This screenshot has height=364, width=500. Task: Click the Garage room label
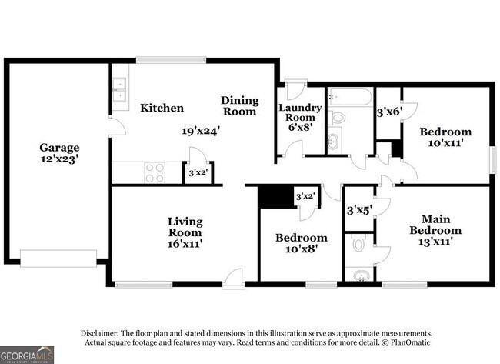tap(59, 148)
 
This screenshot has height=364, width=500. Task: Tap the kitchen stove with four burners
tap(155, 172)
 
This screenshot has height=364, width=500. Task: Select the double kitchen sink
tap(119, 89)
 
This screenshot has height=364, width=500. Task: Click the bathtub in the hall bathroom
tap(351, 97)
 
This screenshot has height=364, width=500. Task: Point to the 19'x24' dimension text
tap(201, 131)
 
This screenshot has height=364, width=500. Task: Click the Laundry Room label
tap(300, 112)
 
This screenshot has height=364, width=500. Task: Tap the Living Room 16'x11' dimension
tap(185, 244)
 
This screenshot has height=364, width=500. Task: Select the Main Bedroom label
tap(435, 225)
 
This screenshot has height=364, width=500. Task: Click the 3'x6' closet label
tap(388, 112)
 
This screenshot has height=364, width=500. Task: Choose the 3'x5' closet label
tap(359, 210)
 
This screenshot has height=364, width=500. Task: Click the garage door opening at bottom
tap(58, 259)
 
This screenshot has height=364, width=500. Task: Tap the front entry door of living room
tap(233, 279)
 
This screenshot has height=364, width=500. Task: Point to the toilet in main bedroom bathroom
tap(359, 242)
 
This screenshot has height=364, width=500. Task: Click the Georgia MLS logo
tap(27, 355)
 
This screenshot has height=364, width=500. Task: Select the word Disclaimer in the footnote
tap(100, 333)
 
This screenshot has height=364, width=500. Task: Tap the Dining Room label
tap(240, 106)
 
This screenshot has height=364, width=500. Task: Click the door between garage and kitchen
tap(117, 126)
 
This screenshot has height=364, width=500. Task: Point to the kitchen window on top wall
tap(172, 60)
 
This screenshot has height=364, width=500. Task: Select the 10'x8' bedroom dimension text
tap(302, 249)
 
